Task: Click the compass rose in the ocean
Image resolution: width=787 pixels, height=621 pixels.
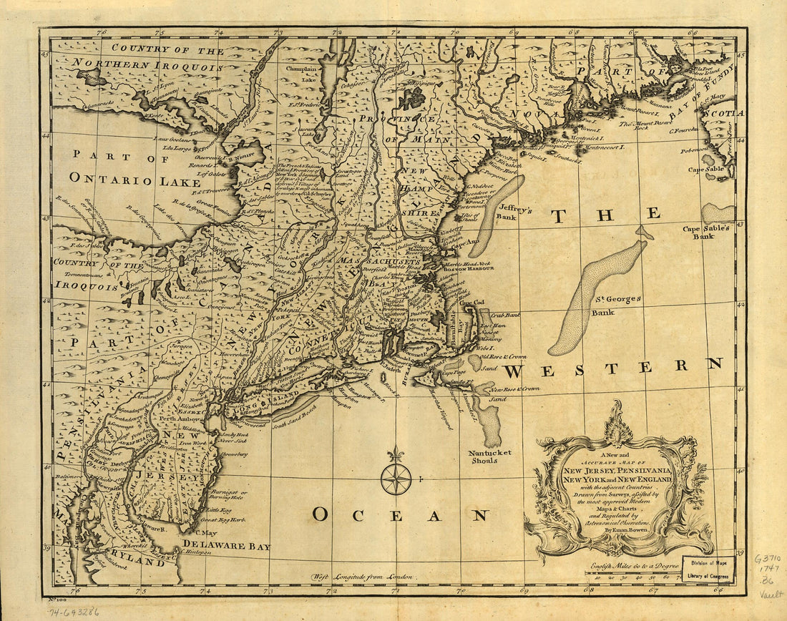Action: pyautogui.click(x=396, y=479)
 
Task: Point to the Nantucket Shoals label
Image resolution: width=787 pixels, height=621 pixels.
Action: pyautogui.click(x=491, y=456)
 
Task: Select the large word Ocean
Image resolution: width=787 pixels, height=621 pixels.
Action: pyautogui.click(x=400, y=514)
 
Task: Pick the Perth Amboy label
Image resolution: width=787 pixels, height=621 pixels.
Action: pyautogui.click(x=177, y=419)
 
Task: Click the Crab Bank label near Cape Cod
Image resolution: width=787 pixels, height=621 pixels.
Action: pyautogui.click(x=505, y=314)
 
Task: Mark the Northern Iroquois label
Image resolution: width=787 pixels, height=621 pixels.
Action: pyautogui.click(x=147, y=64)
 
